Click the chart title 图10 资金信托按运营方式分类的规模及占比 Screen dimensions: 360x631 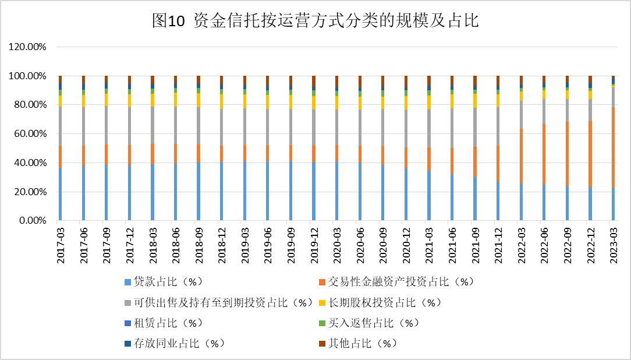tap(315, 21)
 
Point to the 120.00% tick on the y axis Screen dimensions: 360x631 tap(28, 47)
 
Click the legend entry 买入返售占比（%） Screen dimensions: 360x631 tap(373, 323)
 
